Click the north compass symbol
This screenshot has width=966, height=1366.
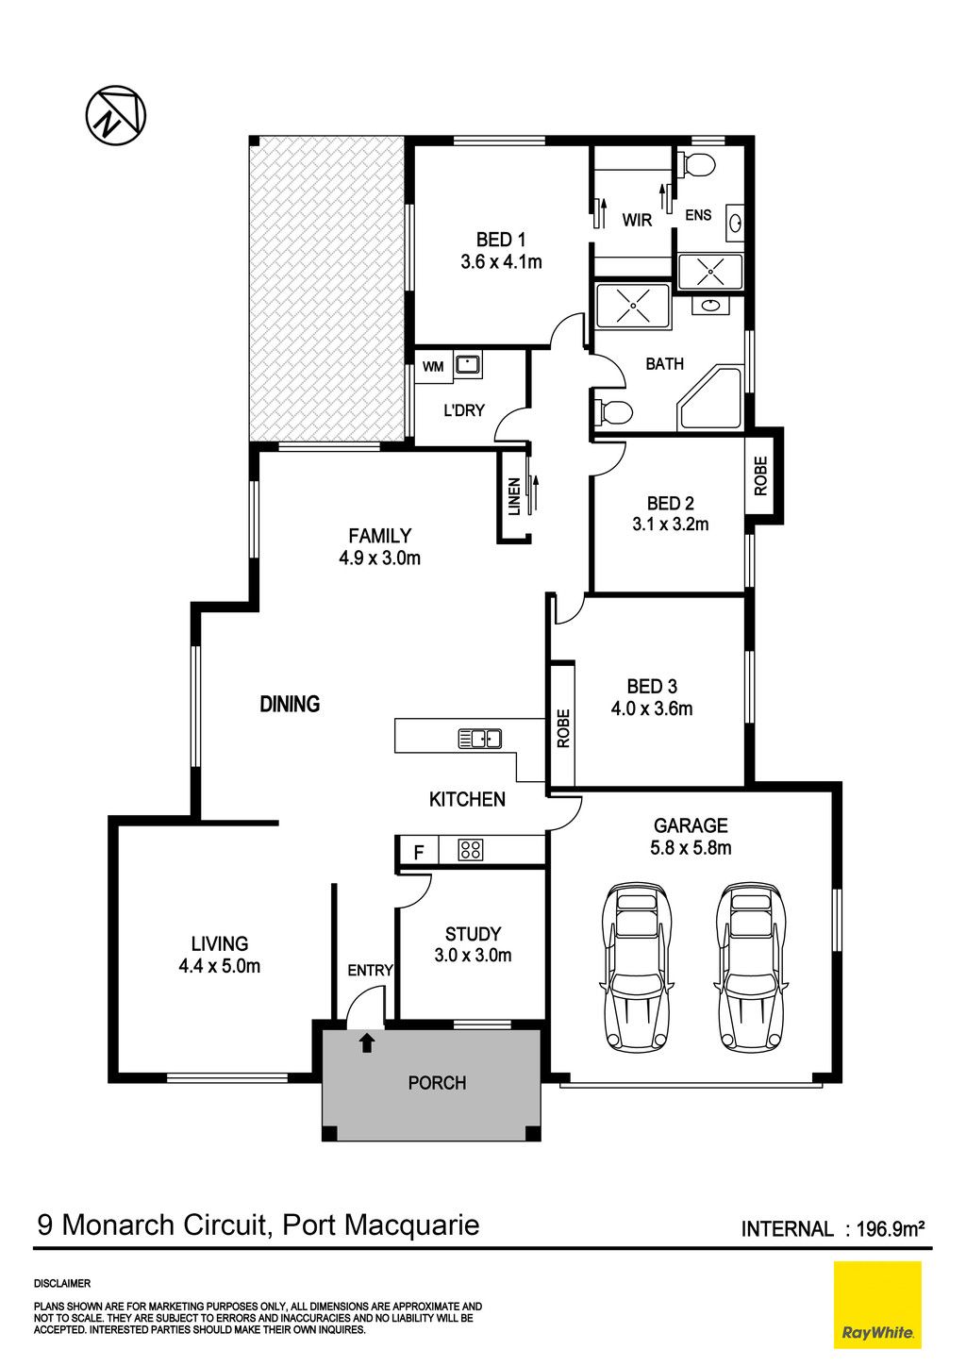point(116,115)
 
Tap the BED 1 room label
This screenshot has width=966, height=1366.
point(501,240)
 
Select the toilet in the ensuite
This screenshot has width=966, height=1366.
point(698,164)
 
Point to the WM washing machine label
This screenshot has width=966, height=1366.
point(433,367)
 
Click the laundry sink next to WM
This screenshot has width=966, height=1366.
point(467,365)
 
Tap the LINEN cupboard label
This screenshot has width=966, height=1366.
point(514,496)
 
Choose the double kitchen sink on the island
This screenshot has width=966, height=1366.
point(480,739)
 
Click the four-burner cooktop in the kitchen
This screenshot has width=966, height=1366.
point(470,850)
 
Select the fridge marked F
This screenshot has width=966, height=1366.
point(418,851)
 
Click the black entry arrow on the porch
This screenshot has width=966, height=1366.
point(366,1043)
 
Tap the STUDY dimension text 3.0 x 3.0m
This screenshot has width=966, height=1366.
point(473,956)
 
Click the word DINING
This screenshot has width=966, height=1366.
point(290,705)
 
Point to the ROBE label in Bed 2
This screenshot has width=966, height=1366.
point(760,475)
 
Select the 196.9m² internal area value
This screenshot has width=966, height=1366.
point(891,1228)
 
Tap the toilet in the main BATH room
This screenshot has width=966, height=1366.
point(613,411)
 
